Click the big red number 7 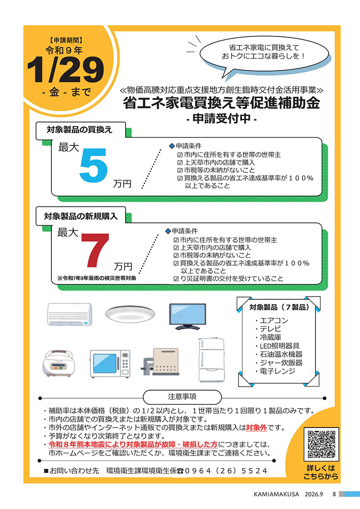[95, 250]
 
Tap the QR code [321, 444]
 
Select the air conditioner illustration [70, 314]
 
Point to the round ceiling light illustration [130, 314]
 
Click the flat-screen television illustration [188, 316]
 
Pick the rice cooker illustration [58, 363]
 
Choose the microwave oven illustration [110, 364]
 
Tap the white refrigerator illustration [211, 360]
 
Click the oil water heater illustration [161, 362]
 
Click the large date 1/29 [65, 69]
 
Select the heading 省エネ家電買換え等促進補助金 [221, 103]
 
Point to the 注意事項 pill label [182, 396]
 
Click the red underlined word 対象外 [256, 428]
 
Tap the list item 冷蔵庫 [270, 337]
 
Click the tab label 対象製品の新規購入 [81, 216]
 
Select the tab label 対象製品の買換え [80, 130]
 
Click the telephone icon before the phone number [180, 471]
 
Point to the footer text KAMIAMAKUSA [276, 494]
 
